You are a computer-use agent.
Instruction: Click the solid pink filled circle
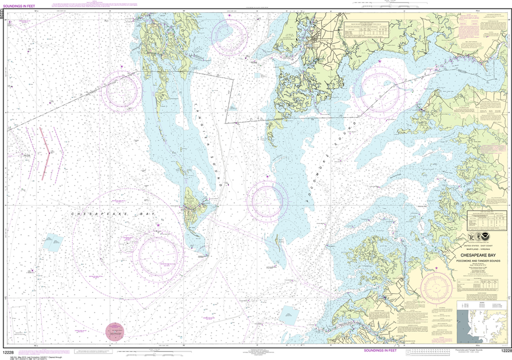115,331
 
